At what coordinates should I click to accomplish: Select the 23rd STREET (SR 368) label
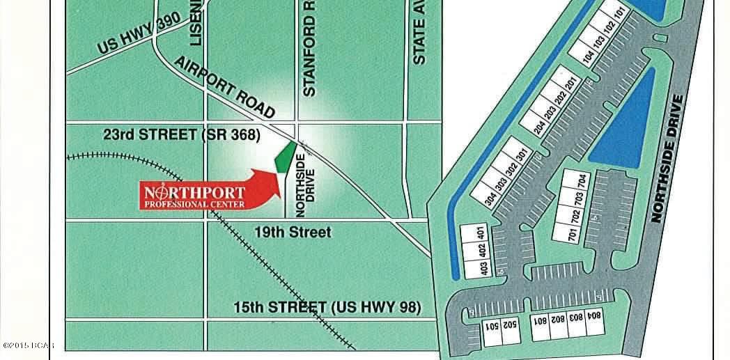181,136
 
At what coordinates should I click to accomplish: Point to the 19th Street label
293,232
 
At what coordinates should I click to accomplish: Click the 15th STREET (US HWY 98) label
327,306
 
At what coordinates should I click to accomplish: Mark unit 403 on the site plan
482,268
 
